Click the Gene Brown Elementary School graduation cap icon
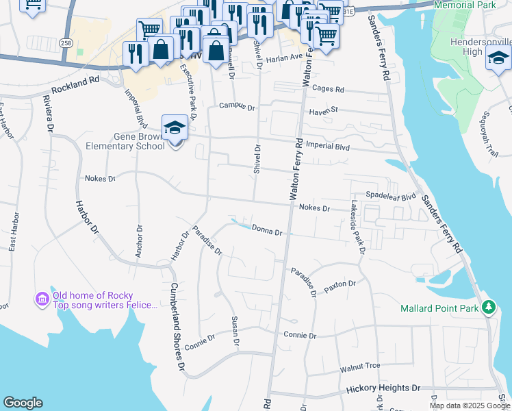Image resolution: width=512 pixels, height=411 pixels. (175, 127)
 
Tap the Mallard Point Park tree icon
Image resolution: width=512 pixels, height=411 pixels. (488, 308)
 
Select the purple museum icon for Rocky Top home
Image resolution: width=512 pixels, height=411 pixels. (41, 299)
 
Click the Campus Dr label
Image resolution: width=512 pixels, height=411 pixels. (237, 107)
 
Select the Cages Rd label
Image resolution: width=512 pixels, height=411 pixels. (328, 89)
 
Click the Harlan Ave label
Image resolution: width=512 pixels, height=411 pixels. (284, 58)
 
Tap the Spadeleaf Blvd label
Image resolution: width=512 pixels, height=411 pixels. (391, 196)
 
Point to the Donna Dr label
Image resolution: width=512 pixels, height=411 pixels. (267, 230)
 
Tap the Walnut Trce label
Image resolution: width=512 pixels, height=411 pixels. (359, 369)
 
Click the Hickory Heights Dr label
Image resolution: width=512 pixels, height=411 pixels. (383, 388)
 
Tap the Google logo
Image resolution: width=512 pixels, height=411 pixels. (23, 403)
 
